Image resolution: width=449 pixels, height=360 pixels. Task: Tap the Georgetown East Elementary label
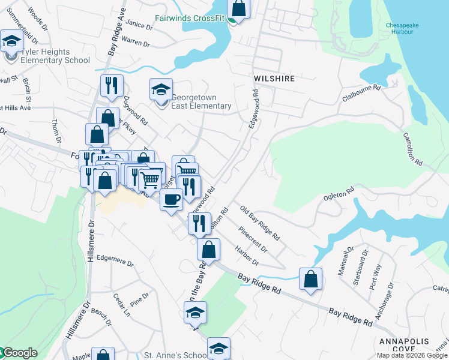point(201,102)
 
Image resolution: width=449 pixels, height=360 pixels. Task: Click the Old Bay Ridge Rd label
point(260,223)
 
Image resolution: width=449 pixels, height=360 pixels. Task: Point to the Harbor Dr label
point(246,256)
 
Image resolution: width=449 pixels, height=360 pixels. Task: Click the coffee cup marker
point(171,199)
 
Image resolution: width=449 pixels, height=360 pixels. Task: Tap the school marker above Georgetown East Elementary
point(161,89)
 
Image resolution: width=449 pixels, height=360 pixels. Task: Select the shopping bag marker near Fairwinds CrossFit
point(238,9)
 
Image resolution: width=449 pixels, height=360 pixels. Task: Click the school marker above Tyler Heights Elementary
point(11,41)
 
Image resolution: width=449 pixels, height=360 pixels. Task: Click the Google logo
point(19,353)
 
